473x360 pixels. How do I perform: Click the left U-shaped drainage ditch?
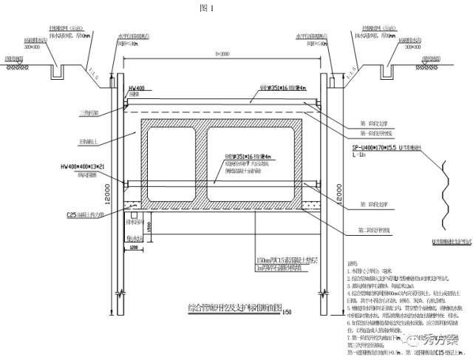pyautogui.click(x=57, y=72)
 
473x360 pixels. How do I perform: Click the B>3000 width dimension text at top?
pyautogui.click(x=220, y=55)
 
